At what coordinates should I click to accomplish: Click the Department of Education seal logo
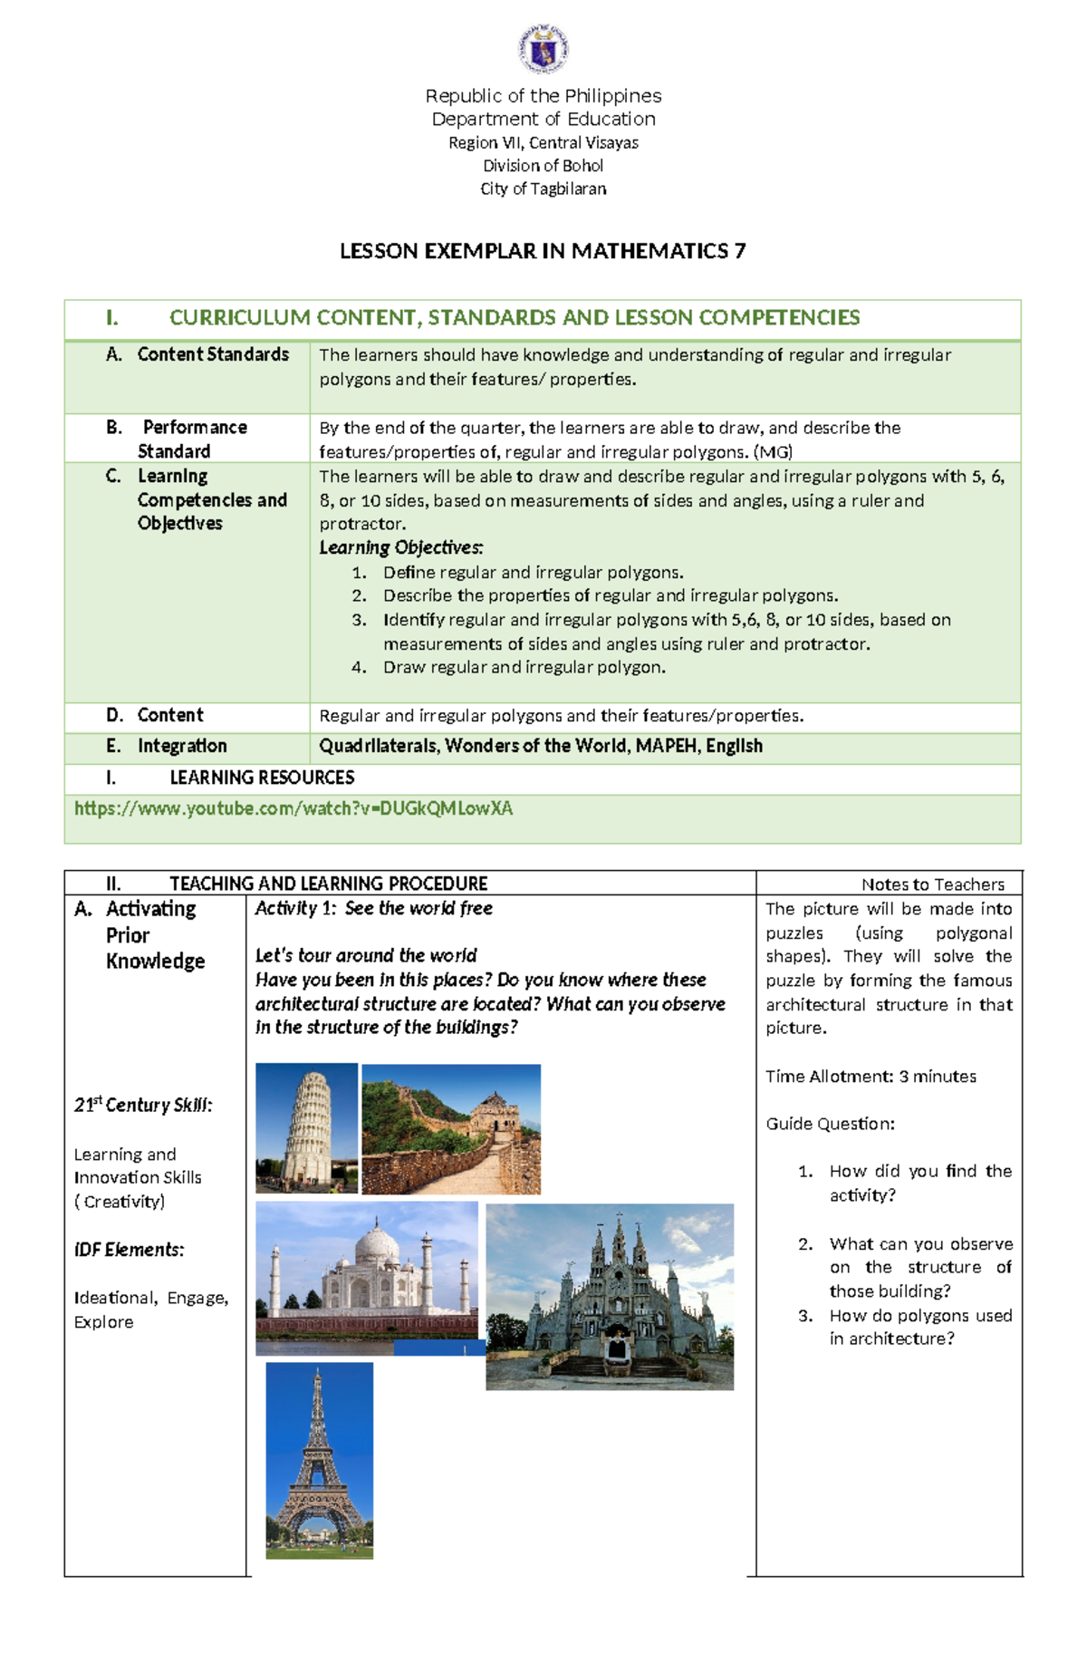pyautogui.click(x=543, y=50)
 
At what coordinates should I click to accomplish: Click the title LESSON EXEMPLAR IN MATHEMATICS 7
pyautogui.click(x=543, y=251)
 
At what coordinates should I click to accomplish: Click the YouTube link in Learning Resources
pyautogui.click(x=293, y=808)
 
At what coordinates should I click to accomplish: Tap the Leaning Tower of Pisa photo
pyautogui.click(x=306, y=1127)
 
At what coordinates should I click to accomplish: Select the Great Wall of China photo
pyautogui.click(x=451, y=1128)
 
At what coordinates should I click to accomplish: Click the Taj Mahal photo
pyautogui.click(x=367, y=1276)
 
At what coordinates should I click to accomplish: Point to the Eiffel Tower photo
pyautogui.click(x=319, y=1459)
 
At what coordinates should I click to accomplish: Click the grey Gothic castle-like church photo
pyautogui.click(x=610, y=1296)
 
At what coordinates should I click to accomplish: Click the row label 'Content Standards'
pyautogui.click(x=212, y=354)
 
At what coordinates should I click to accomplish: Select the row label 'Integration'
pyautogui.click(x=181, y=746)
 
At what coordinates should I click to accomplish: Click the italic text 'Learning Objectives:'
pyautogui.click(x=401, y=547)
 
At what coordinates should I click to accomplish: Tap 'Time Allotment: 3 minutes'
pyautogui.click(x=871, y=1077)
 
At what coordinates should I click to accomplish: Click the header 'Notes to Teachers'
pyautogui.click(x=932, y=884)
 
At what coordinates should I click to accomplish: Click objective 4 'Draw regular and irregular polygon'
pyautogui.click(x=524, y=667)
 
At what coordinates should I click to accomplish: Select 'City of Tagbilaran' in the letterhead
pyautogui.click(x=543, y=189)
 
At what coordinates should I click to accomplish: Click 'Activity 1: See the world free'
pyautogui.click(x=373, y=908)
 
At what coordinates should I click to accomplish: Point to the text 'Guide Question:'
pyautogui.click(x=830, y=1124)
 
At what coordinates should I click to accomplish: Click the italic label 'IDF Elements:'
pyautogui.click(x=129, y=1250)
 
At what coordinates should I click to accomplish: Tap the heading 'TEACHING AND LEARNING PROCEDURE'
pyautogui.click(x=328, y=884)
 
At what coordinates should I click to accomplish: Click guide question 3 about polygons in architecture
pyautogui.click(x=919, y=1327)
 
